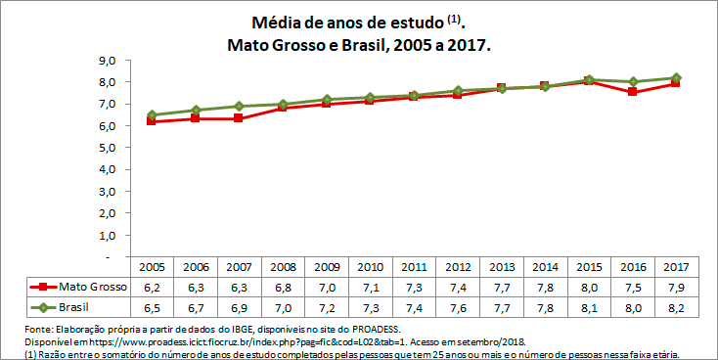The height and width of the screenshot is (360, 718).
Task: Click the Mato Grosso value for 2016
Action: coord(633,288)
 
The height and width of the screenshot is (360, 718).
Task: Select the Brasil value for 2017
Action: coord(677,308)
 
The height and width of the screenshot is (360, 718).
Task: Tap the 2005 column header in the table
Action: coord(152,267)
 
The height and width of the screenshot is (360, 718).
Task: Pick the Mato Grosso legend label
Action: coord(88,288)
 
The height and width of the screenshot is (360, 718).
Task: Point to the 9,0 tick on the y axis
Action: coord(108,61)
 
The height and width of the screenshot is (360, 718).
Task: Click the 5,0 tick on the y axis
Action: coord(108,148)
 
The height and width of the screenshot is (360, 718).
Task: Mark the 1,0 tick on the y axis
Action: coord(108,236)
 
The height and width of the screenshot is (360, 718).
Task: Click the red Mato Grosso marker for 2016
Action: coord(633,92)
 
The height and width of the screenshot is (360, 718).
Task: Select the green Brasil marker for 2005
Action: coord(152,114)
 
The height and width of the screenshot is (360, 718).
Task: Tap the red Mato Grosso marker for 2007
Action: coord(240,118)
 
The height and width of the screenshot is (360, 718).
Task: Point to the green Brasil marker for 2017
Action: coord(677,77)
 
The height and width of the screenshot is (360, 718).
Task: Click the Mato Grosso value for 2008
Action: coord(283,288)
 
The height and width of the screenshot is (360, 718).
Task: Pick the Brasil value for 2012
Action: coord(458,308)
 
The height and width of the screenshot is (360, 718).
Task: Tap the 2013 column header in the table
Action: coord(502,267)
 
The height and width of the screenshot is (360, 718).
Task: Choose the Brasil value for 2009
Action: coord(327,308)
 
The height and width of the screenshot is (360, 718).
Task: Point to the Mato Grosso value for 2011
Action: coord(414,288)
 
